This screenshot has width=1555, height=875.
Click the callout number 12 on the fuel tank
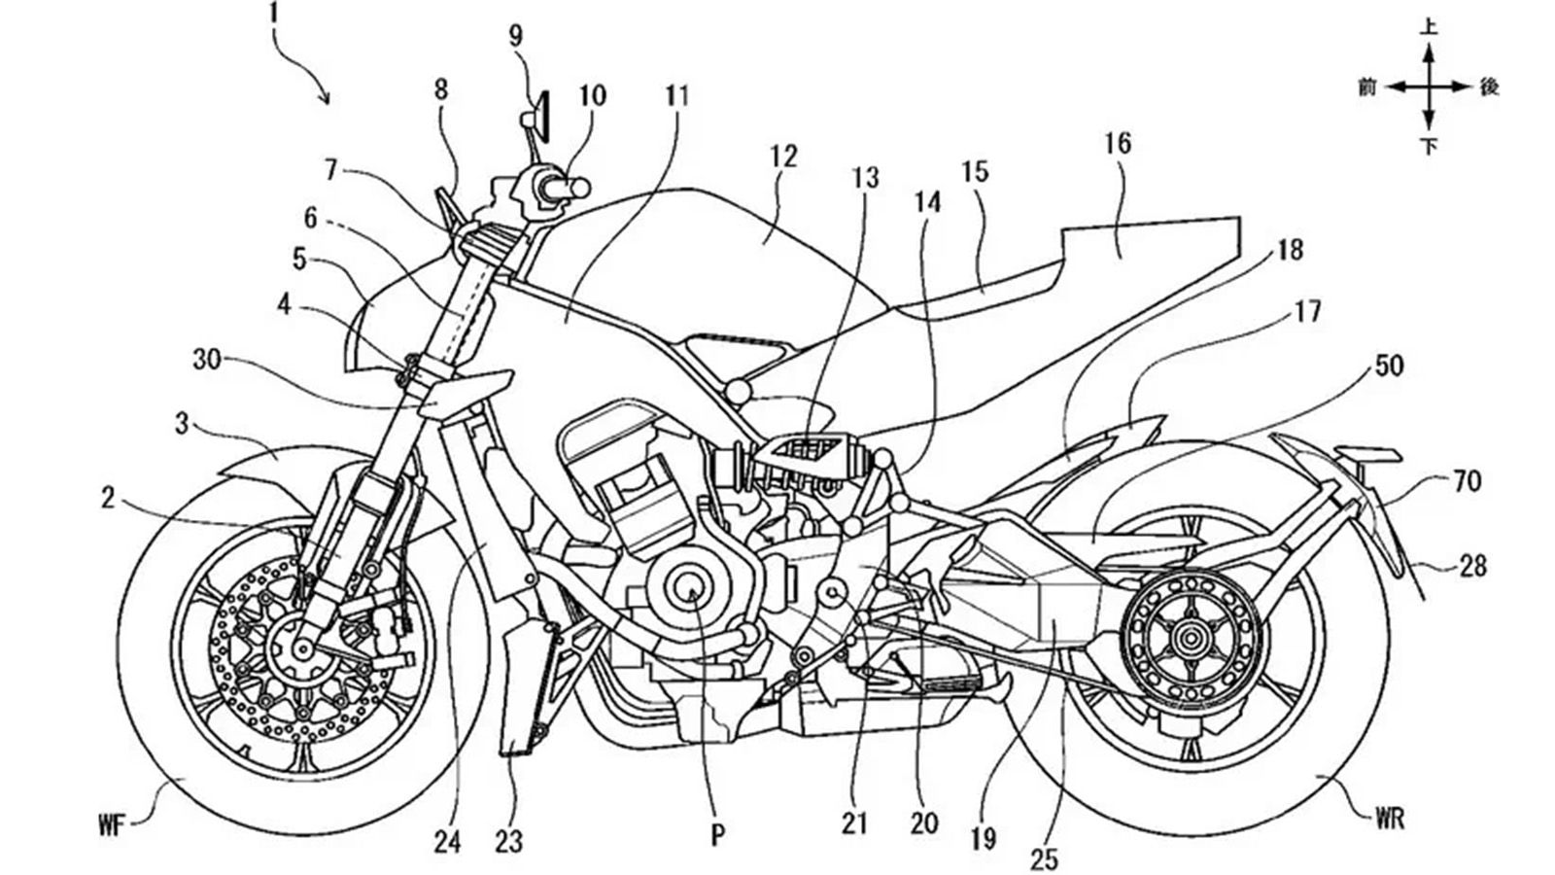tap(783, 156)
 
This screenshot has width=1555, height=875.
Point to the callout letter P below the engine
tap(717, 836)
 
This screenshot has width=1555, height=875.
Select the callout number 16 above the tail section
tap(1118, 144)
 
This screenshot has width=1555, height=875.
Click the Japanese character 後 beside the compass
tap(1489, 87)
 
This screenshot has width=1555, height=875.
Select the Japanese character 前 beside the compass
tap(1368, 87)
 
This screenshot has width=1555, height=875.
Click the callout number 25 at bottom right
tap(1045, 858)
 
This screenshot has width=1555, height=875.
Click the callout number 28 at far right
tap(1473, 564)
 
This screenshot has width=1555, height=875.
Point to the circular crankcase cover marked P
tap(691, 589)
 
